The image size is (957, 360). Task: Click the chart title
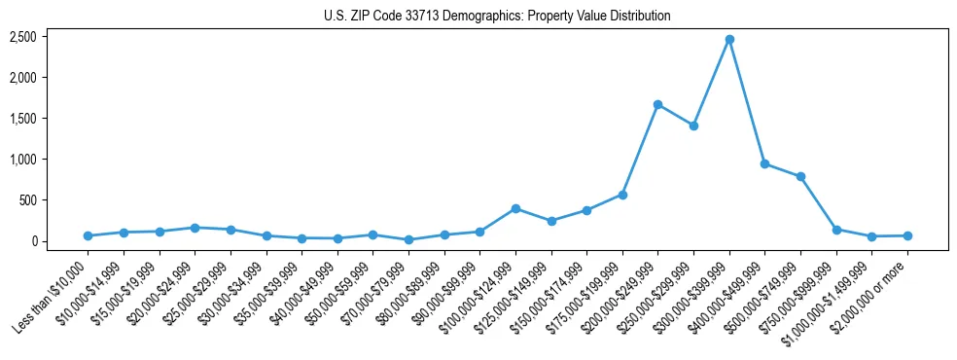[x=497, y=16]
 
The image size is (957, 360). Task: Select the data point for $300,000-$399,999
[x=729, y=39]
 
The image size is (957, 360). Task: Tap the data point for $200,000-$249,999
[x=658, y=104]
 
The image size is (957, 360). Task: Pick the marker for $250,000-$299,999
[x=693, y=126]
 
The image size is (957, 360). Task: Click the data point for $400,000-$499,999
[x=764, y=163]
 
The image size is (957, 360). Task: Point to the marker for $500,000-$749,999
[x=800, y=176]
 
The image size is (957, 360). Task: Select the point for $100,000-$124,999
[x=515, y=208]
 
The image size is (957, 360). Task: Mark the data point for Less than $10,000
[x=88, y=235]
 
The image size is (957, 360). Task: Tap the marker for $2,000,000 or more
[x=907, y=235]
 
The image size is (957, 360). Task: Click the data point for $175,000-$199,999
[x=622, y=195]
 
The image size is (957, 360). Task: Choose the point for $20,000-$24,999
[x=195, y=228]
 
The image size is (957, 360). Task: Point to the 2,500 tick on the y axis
[x=23, y=37]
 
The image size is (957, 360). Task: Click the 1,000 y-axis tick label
[x=23, y=160]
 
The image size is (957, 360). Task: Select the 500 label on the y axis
[x=28, y=200]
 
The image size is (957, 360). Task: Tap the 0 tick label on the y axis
[x=33, y=241]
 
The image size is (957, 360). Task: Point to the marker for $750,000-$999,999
[x=836, y=230]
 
